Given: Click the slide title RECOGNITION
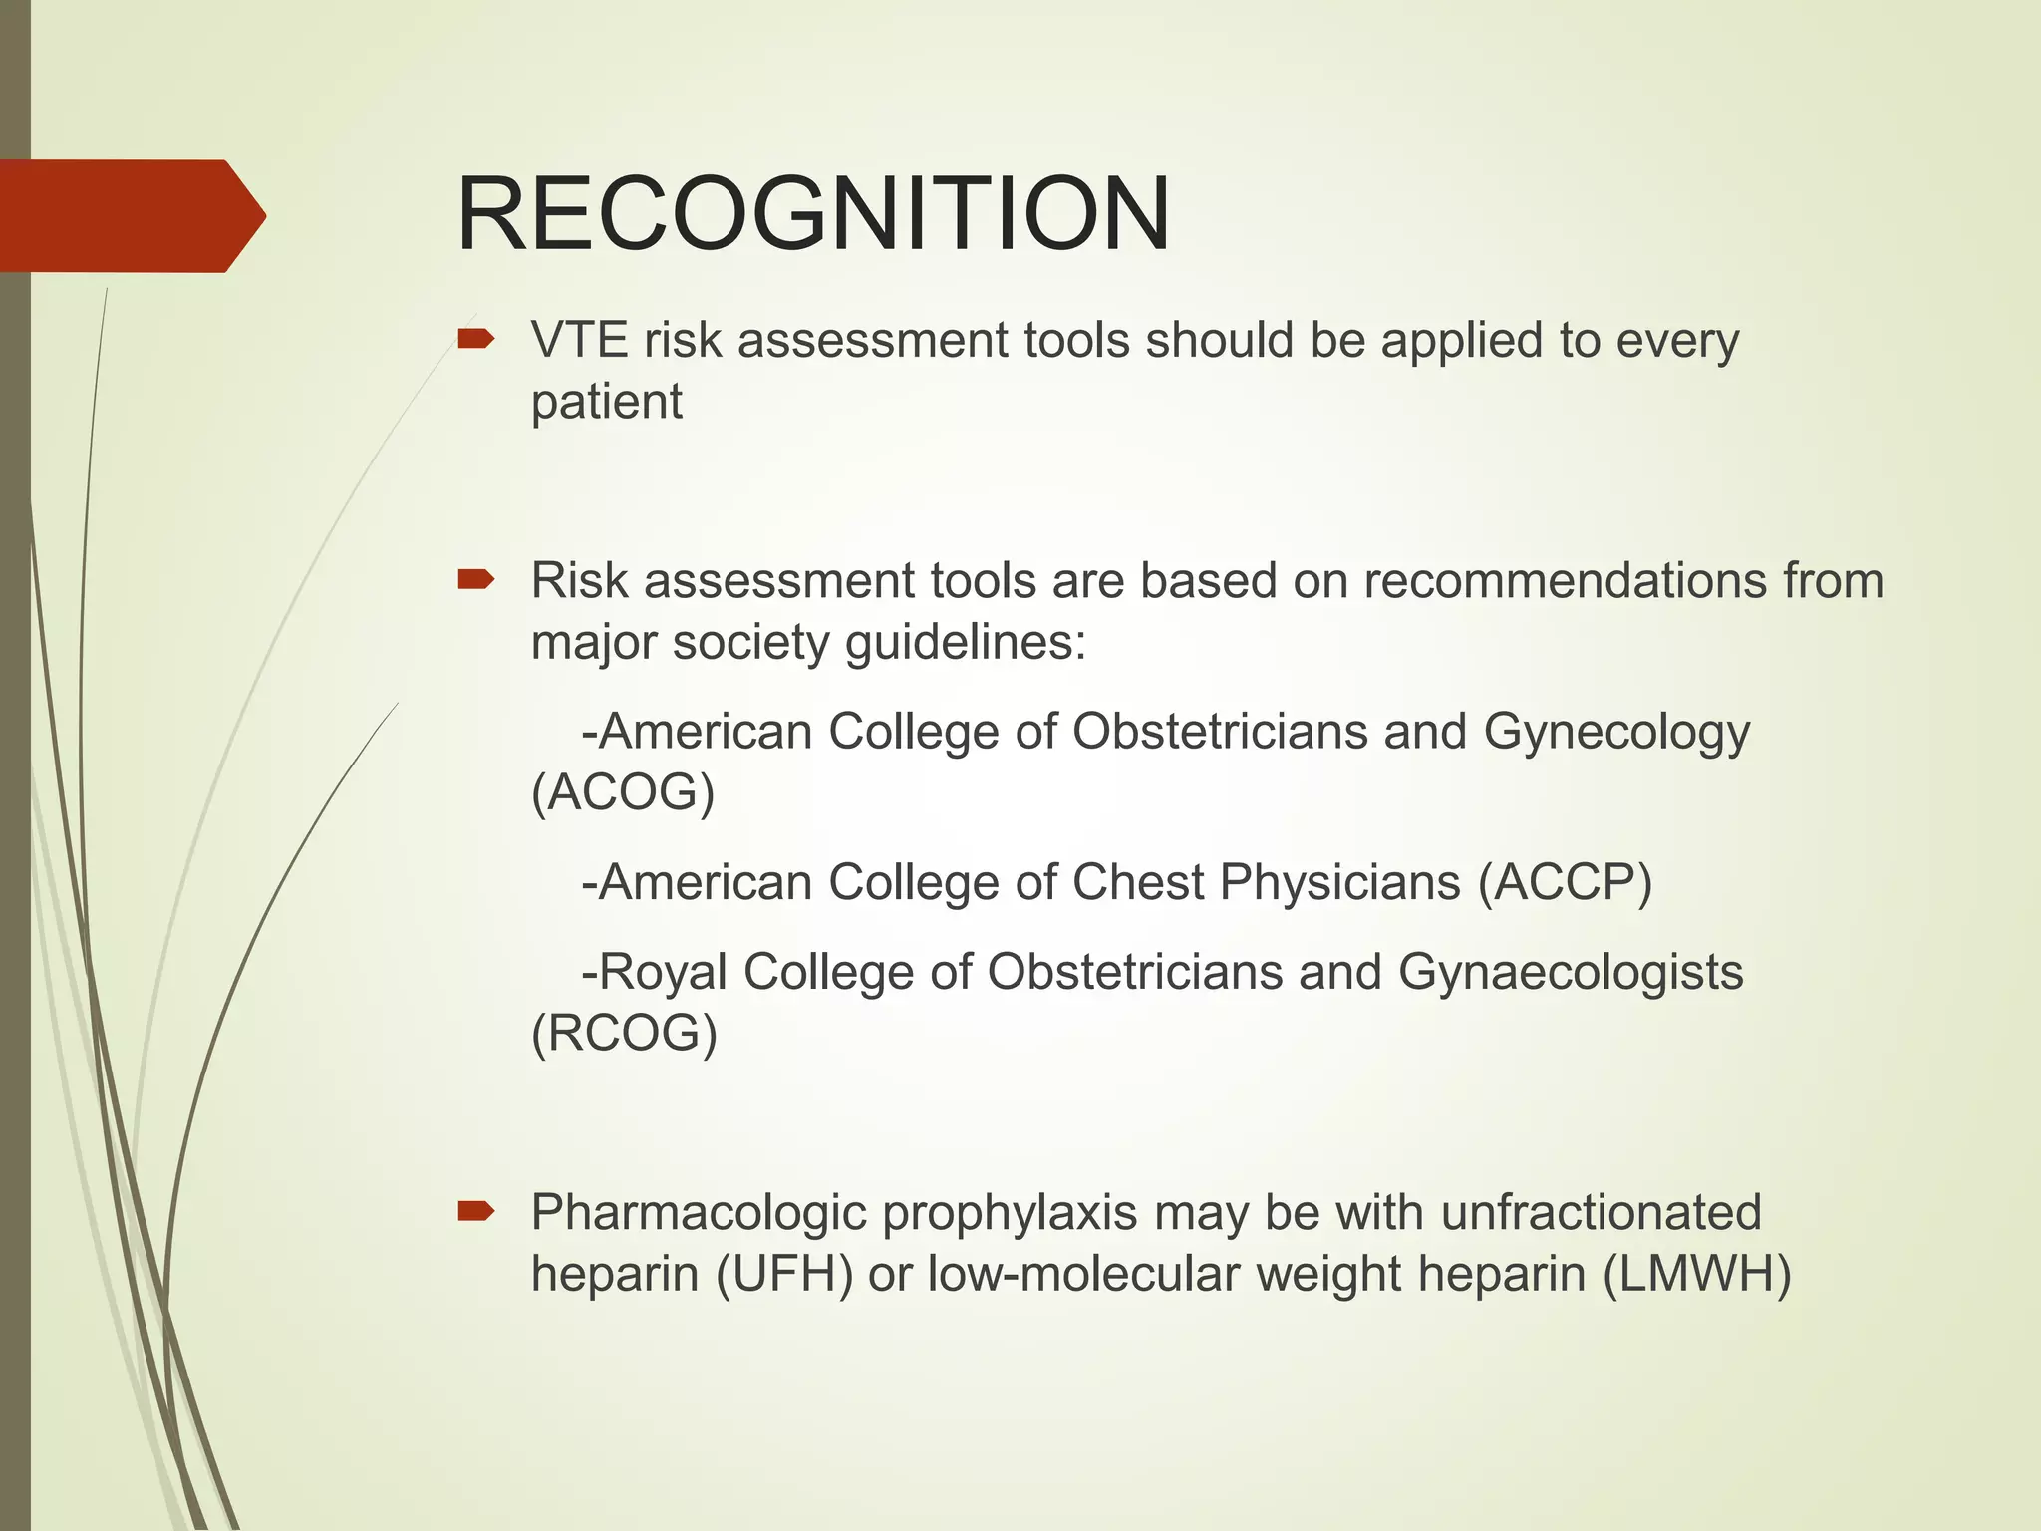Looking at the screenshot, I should click(x=812, y=215).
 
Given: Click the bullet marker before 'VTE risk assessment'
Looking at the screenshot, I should click(x=475, y=340).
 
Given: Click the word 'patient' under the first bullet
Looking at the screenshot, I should click(x=606, y=402).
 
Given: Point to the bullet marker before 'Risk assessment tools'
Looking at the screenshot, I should click(x=475, y=580).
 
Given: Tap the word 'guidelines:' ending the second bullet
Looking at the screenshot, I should click(x=965, y=643).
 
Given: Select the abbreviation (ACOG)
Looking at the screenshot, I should click(x=623, y=793).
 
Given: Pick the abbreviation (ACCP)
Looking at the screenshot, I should click(x=1565, y=883).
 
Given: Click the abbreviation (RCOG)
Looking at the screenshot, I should click(x=624, y=1034).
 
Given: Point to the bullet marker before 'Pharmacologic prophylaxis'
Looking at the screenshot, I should click(x=475, y=1212).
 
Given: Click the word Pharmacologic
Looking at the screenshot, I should click(x=698, y=1214).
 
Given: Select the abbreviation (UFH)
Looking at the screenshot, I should click(x=784, y=1275).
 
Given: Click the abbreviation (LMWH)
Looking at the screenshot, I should click(x=1696, y=1275).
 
